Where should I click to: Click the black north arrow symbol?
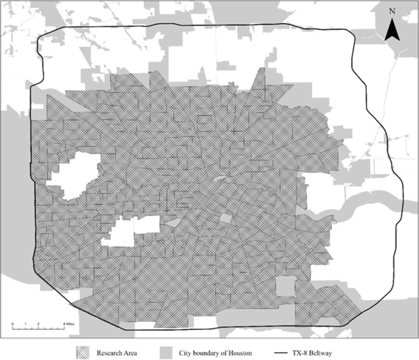392,30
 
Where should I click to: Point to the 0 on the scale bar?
12,323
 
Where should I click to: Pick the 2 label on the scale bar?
39,323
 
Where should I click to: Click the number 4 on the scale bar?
64,323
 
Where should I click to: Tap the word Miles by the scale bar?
70,323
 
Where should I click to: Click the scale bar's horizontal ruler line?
38,328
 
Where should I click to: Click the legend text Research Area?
114,353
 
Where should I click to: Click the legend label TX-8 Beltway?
319,353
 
